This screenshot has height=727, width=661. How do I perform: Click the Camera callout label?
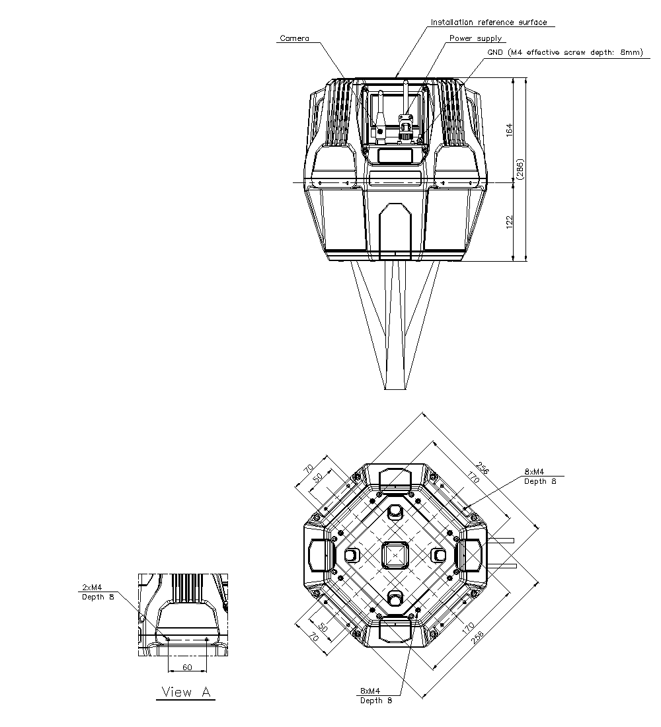pyautogui.click(x=294, y=38)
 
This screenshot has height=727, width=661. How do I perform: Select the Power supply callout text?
pyautogui.click(x=475, y=38)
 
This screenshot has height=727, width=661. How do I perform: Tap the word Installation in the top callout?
pyautogui.click(x=451, y=22)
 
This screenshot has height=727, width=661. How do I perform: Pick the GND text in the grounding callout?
pyautogui.click(x=496, y=53)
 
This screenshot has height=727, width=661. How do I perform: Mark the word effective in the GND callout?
pyautogui.click(x=544, y=53)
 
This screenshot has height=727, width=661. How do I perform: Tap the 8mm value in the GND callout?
pyautogui.click(x=631, y=53)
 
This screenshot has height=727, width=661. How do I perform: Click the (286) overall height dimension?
pyautogui.click(x=520, y=169)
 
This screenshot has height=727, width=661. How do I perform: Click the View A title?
pyautogui.click(x=187, y=692)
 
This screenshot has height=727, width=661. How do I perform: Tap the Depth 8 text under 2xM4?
pyautogui.click(x=98, y=597)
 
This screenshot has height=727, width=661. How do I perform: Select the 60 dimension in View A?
pyautogui.click(x=187, y=668)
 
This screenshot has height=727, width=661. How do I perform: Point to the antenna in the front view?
pyautogui.click(x=381, y=109)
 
